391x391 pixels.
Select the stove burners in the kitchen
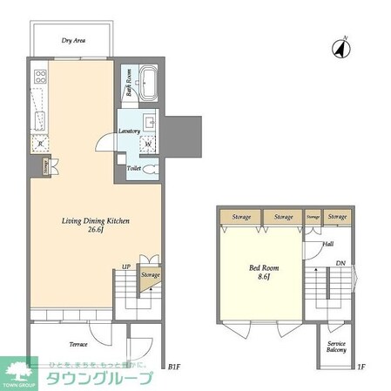38,78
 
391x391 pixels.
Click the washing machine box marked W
147,144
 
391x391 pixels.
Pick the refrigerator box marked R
39,145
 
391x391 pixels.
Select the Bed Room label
260,270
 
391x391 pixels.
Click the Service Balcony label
335,346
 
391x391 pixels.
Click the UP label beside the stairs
126,266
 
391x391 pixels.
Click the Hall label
327,245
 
